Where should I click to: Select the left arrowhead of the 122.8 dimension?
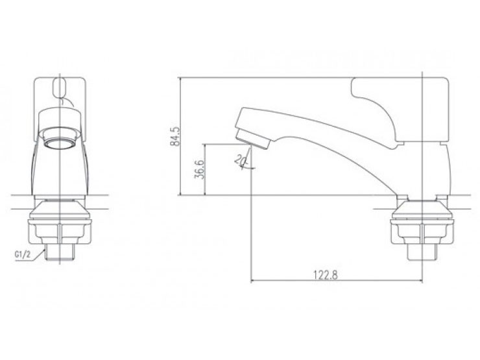point(254,282)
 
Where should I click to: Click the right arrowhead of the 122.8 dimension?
point(419,282)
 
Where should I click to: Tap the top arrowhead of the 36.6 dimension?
point(206,146)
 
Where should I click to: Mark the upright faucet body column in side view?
point(422,169)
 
